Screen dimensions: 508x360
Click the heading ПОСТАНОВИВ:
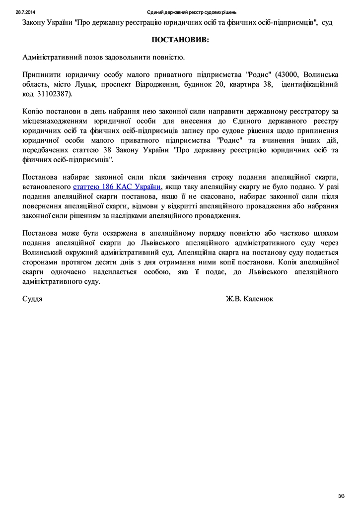click(180, 39)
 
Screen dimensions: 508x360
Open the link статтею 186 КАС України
click(117, 187)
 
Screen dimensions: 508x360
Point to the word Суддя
click(32, 299)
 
